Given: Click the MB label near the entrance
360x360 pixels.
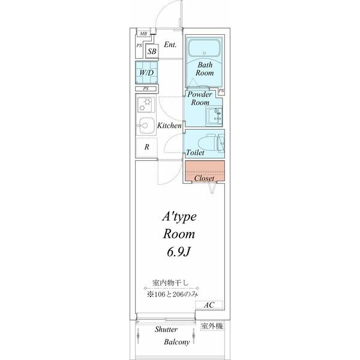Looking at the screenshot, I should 143,34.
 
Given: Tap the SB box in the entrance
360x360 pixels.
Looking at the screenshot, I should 152,51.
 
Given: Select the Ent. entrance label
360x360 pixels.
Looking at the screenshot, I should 170,44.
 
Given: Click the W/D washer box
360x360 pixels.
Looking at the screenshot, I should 146,73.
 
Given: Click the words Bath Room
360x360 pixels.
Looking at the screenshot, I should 205,68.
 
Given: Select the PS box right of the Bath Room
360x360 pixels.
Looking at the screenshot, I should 221,91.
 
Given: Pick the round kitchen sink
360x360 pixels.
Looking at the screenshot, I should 144,125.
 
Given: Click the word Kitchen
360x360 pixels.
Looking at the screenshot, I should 170,126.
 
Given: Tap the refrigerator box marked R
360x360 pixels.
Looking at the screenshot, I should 146,146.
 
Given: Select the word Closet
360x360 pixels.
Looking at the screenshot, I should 205,178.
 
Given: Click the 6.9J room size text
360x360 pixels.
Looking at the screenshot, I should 178,252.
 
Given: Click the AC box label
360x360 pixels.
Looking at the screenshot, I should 208,305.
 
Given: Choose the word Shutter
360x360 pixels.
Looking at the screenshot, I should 166,330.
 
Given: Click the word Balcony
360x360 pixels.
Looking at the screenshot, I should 177,343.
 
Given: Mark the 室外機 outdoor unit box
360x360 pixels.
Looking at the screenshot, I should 211,326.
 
